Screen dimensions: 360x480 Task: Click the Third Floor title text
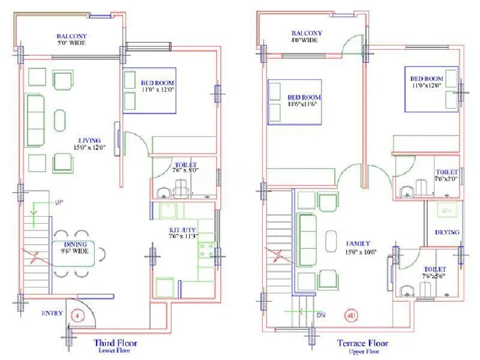[x=115, y=343]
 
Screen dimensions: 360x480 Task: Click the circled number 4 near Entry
[x=77, y=314]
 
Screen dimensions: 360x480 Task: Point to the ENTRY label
[x=53, y=313]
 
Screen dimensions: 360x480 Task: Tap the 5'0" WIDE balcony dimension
[x=70, y=44]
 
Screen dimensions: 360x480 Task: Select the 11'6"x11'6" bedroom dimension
[x=304, y=104]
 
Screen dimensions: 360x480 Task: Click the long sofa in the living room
[x=35, y=120]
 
